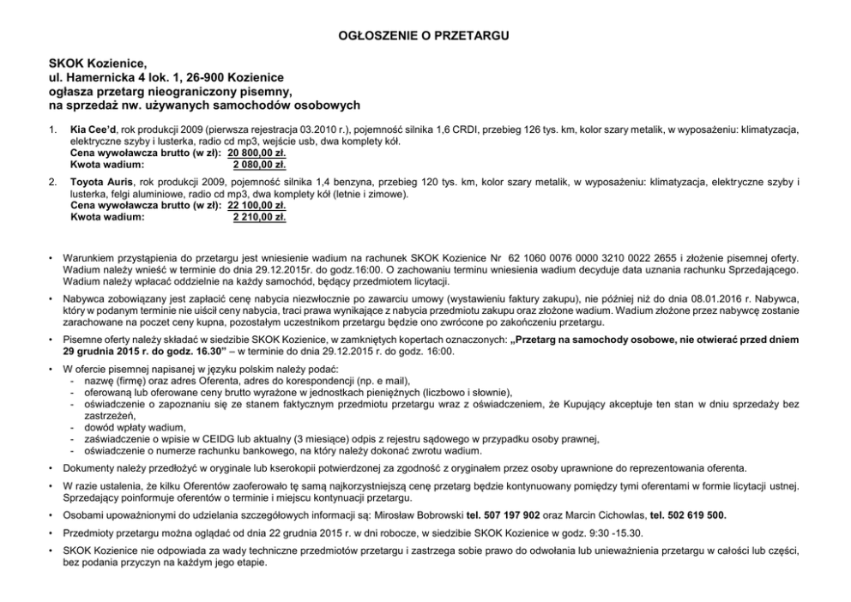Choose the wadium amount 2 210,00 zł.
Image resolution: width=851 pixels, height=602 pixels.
[x=259, y=217]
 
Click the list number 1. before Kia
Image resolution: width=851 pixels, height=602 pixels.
[x=53, y=129]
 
